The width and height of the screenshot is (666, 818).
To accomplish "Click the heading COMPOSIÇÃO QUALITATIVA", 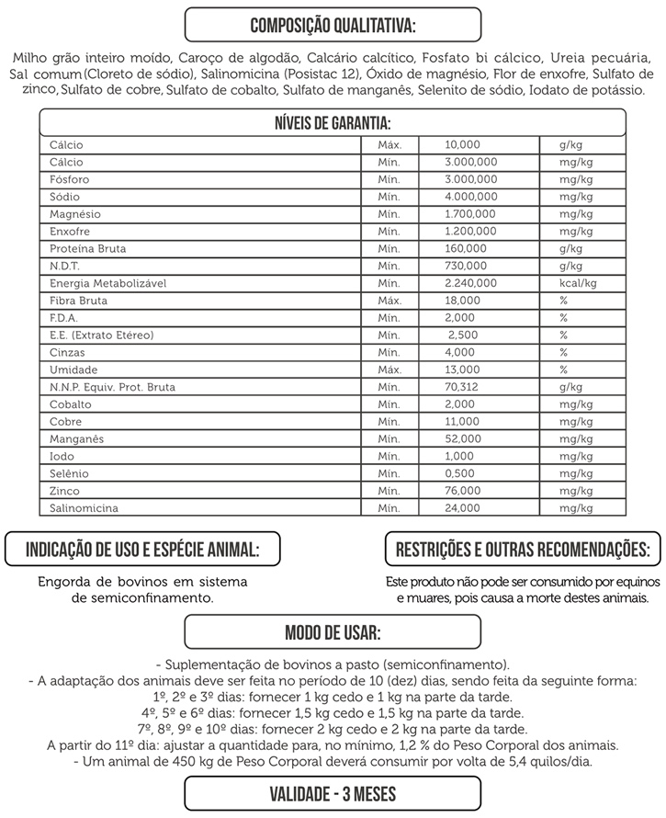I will click(x=333, y=24).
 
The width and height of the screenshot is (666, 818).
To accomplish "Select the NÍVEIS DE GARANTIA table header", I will click(x=333, y=123).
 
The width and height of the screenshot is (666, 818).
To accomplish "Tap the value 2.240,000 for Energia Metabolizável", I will click(x=470, y=283).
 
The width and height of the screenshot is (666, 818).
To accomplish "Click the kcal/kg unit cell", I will click(x=578, y=283).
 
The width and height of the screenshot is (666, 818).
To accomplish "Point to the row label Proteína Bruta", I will click(x=88, y=248).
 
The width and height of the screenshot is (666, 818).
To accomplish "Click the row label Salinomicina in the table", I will click(x=84, y=507).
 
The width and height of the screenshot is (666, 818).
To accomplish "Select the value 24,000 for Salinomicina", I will click(x=462, y=507).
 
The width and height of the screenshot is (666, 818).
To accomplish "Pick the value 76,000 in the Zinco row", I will click(x=462, y=491).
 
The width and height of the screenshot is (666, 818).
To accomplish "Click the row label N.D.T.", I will click(x=65, y=266).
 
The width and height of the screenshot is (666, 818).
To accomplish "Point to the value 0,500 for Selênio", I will click(x=459, y=473).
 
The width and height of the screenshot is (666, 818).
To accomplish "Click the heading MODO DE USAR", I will click(x=333, y=634).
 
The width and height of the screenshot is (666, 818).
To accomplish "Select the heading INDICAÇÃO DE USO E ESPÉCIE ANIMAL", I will click(x=141, y=550).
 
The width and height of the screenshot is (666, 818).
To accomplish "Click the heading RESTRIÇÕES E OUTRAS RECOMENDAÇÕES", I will click(x=522, y=550).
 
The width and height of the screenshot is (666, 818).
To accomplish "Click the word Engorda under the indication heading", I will click(x=68, y=582).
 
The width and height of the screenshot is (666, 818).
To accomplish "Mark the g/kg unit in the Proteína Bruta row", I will click(x=570, y=248).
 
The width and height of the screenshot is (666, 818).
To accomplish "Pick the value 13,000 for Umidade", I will click(x=462, y=369).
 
